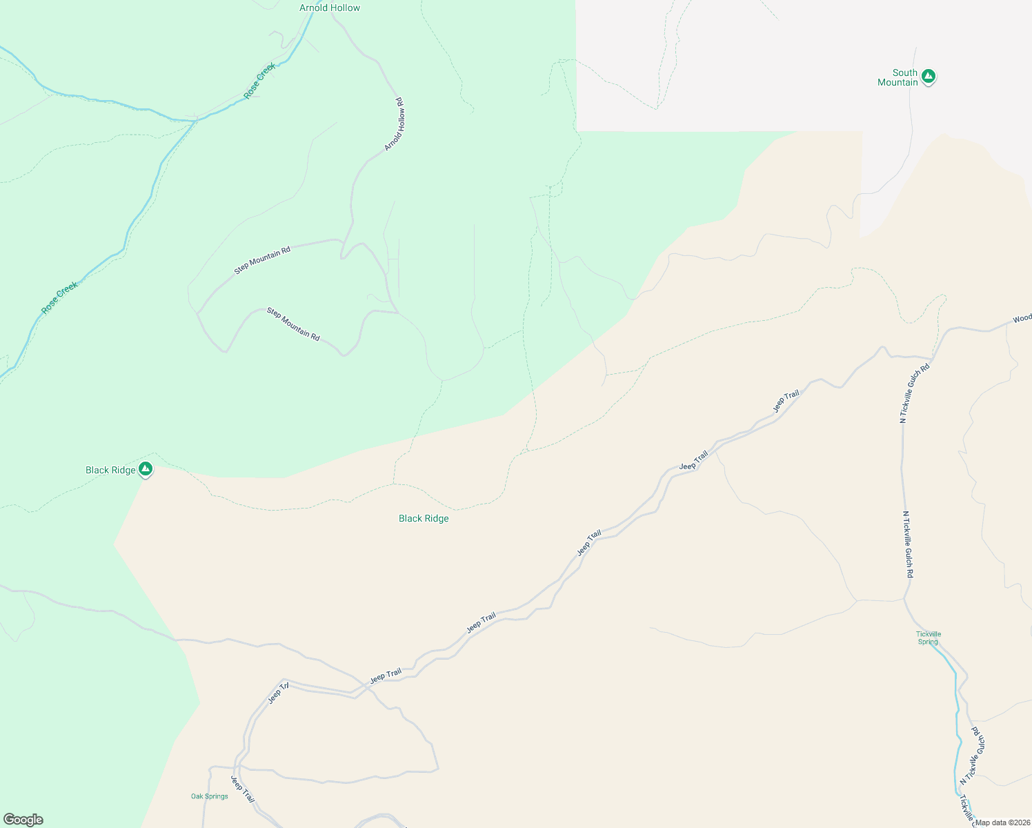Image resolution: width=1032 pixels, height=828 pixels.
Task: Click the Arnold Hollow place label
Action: (x=330, y=8)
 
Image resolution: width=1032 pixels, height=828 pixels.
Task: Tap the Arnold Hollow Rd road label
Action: (x=395, y=124)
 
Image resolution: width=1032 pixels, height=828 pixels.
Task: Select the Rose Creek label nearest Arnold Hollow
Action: (x=260, y=80)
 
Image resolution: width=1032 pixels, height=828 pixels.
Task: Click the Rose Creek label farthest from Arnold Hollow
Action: (x=59, y=298)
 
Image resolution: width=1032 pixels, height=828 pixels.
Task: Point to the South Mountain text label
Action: (x=897, y=77)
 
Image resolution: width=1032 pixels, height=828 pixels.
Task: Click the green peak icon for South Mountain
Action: (x=929, y=76)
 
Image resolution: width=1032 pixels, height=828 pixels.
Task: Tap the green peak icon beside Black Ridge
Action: (x=145, y=469)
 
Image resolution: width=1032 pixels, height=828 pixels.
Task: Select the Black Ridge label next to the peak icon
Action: (x=110, y=470)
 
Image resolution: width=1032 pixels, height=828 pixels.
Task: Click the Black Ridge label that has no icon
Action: (x=424, y=518)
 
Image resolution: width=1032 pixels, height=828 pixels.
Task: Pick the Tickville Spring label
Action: (x=928, y=638)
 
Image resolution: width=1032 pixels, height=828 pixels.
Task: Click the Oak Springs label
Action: (x=210, y=796)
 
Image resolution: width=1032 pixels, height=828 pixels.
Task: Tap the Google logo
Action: (x=23, y=820)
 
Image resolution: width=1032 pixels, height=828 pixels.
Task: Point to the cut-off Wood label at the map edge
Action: (x=1022, y=319)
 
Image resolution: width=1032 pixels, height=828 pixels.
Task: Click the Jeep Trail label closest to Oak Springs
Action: (x=243, y=790)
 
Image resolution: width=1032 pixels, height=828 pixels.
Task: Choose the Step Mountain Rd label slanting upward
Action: (x=262, y=260)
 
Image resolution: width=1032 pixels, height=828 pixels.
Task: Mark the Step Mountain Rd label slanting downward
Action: (x=293, y=324)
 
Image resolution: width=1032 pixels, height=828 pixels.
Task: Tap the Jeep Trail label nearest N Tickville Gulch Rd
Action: (x=786, y=402)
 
